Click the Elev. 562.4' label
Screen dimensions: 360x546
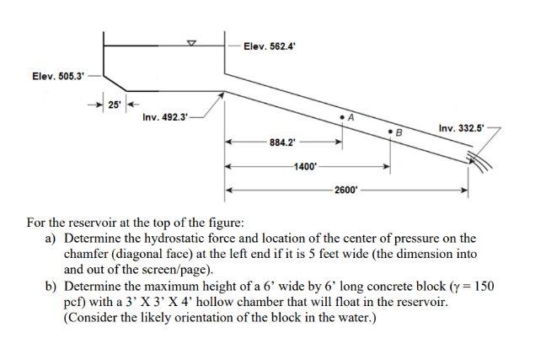(269, 46)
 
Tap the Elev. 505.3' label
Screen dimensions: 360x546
(58, 76)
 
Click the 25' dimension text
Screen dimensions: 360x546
(113, 105)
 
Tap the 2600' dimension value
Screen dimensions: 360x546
(345, 190)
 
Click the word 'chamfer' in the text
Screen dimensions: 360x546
(86, 254)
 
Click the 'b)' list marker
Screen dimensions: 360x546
(51, 286)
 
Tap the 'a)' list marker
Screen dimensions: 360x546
(51, 239)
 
